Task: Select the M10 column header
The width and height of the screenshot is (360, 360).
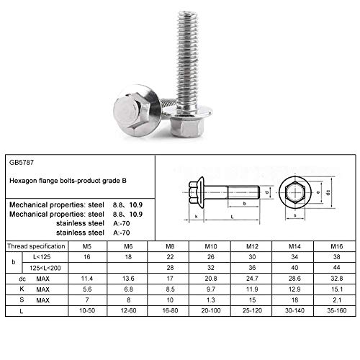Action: click(210, 246)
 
